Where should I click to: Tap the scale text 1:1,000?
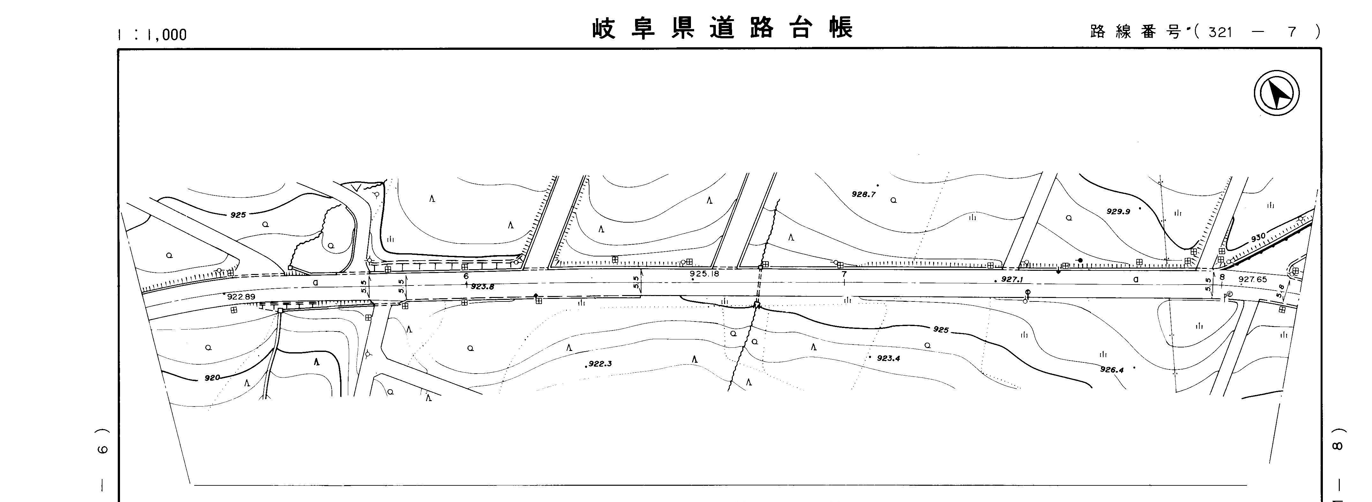[152, 34]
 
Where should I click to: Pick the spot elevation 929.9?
[1118, 211]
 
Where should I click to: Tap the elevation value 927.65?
[1253, 279]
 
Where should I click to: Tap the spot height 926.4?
[1112, 369]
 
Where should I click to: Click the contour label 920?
[212, 378]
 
